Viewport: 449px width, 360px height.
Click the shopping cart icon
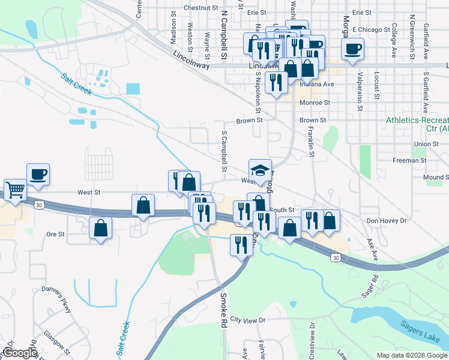coord(16,190)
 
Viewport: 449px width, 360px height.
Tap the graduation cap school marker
coord(261,170)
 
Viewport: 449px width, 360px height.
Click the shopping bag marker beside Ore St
coord(101,228)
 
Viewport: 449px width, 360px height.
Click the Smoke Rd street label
coord(223,308)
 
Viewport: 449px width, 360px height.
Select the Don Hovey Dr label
coord(387,221)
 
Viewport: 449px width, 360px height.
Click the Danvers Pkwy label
coord(56,298)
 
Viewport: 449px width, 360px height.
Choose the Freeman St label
coord(409,160)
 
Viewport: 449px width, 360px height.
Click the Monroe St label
coord(315,103)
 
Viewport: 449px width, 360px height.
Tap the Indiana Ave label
coord(316,84)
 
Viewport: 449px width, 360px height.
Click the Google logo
coord(20,353)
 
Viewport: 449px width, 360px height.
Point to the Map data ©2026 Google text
coord(411,355)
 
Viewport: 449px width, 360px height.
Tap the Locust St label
coord(377,85)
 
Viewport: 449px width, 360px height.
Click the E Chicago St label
coord(371,29)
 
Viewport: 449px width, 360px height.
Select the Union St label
coord(426,144)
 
